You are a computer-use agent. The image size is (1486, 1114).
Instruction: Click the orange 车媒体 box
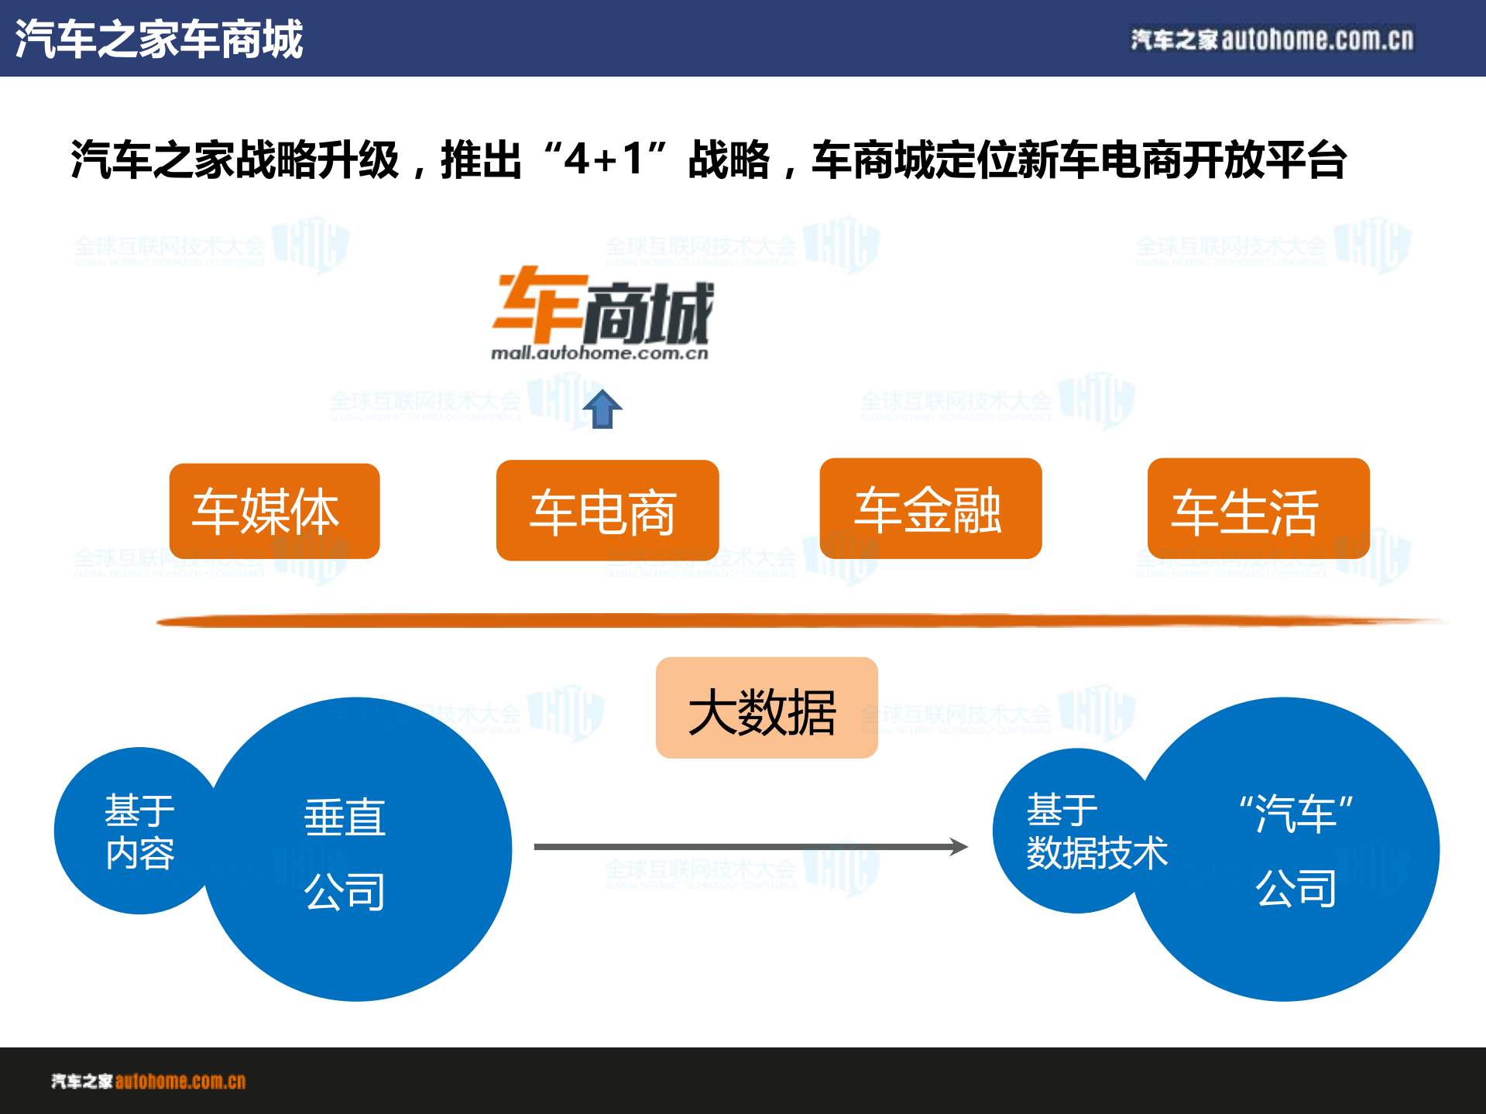[x=274, y=511]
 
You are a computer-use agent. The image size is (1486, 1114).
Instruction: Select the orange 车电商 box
[x=607, y=511]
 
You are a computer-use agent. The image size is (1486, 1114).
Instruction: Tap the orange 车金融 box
[x=930, y=509]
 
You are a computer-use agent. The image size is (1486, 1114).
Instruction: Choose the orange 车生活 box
[x=1258, y=509]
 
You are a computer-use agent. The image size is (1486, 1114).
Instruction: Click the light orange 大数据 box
[x=766, y=708]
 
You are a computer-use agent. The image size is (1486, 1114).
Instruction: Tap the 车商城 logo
[x=602, y=307]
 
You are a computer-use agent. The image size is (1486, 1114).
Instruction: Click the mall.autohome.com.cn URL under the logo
[x=599, y=354]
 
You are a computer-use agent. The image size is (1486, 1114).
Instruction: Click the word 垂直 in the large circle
[x=345, y=818]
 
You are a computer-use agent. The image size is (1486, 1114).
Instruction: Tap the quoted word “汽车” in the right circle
[x=1296, y=813]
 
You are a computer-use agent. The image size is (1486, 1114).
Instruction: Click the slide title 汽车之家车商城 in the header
[x=159, y=39]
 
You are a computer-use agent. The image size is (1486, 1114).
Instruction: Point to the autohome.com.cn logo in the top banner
[x=1272, y=39]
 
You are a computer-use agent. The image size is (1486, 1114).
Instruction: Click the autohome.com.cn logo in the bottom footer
[x=149, y=1081]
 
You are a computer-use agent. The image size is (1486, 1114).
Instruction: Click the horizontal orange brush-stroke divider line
[x=798, y=621]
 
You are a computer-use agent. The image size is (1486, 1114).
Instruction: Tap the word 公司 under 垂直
[x=345, y=891]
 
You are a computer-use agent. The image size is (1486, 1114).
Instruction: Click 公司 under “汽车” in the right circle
[x=1296, y=887]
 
